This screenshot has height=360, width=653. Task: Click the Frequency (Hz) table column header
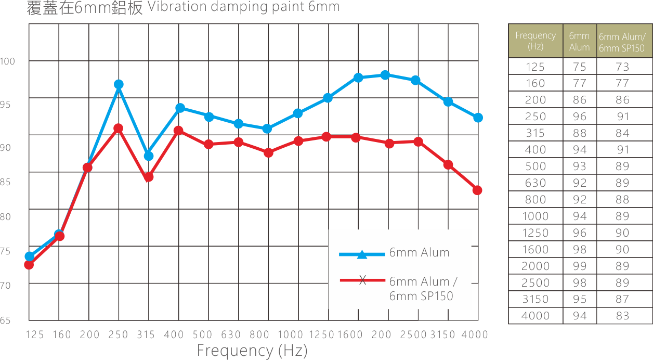pos(536,41)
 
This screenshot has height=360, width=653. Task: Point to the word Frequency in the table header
pos(536,35)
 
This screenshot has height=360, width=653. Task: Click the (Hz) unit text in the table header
pos(536,46)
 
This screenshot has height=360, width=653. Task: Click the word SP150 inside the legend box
pos(437,296)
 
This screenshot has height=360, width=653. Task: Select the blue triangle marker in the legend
pos(362,254)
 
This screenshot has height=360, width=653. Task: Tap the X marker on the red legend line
pos(362,281)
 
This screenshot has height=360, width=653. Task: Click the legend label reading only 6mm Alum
pos(419,253)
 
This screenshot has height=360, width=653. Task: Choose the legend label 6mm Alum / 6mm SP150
pos(423,288)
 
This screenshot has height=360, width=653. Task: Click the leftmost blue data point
pos(30,256)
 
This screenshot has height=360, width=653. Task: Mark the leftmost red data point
pos(29,265)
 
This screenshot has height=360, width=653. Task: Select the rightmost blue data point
pos(477,118)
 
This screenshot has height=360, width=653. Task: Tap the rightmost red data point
pos(477,191)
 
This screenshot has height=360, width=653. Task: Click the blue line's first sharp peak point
pos(118,84)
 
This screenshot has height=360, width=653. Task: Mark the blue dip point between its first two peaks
pos(148,156)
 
